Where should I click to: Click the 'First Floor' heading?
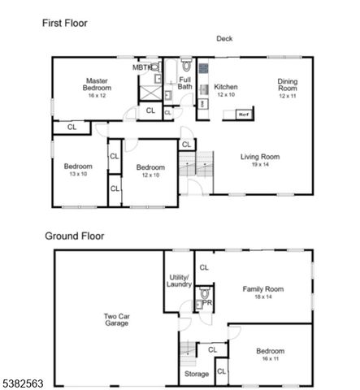point(65,24)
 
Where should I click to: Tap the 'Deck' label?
point(225,38)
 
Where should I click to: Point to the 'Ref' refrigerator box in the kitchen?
point(243,115)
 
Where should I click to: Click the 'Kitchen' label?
point(225,86)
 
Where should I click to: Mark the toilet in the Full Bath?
point(185,66)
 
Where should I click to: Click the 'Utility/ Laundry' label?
point(180,280)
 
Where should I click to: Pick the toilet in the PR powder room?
point(205,292)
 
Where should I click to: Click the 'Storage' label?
point(196,374)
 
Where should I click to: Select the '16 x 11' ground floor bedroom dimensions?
point(271,358)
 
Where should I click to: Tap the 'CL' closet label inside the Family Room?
point(204,266)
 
